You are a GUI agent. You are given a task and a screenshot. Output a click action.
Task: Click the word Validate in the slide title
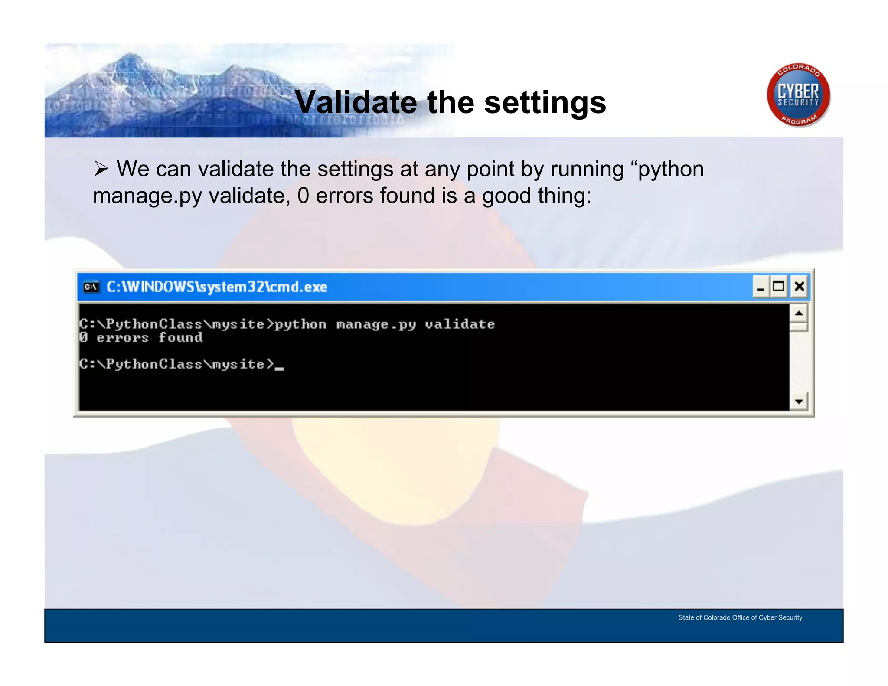[x=356, y=103]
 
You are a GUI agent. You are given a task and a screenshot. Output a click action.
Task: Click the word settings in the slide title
[x=545, y=103]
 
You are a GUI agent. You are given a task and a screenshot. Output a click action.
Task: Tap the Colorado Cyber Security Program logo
[x=798, y=95]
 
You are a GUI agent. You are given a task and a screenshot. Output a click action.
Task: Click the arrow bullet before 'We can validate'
[x=101, y=169]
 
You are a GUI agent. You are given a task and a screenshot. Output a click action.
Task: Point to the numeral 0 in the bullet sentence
[x=303, y=196]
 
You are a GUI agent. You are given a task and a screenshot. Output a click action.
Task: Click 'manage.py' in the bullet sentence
[x=147, y=196]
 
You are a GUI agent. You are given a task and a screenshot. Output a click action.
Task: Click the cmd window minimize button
[x=761, y=287]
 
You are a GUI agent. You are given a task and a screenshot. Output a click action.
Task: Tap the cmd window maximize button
[x=779, y=287]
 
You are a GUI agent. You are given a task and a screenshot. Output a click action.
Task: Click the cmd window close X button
[x=799, y=287]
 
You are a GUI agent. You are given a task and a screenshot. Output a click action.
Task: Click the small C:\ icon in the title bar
[x=91, y=287]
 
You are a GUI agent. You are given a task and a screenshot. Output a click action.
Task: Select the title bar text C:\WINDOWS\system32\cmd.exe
[x=217, y=287]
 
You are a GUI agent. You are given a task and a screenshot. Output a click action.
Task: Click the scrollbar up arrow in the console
[x=799, y=313]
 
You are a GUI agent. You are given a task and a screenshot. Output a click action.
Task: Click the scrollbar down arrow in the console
[x=799, y=402]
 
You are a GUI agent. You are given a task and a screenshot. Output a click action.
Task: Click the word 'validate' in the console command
[x=460, y=324]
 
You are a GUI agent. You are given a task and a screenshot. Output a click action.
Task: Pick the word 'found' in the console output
[x=180, y=337]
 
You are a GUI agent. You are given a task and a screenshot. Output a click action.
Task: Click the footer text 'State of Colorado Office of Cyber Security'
[x=740, y=617]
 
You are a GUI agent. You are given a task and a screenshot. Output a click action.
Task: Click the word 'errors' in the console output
[x=122, y=338]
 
